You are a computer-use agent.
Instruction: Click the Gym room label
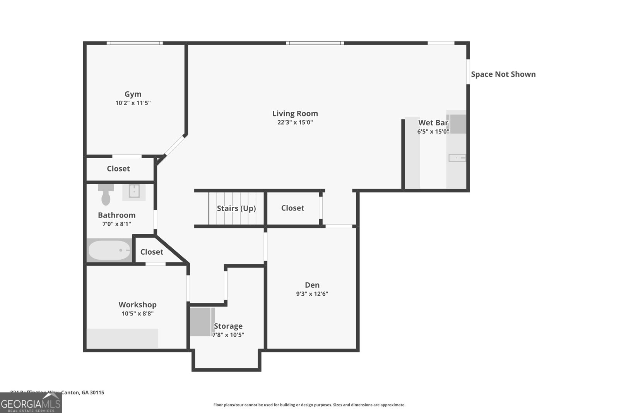(133, 94)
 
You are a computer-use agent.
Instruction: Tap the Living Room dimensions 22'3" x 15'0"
(295, 122)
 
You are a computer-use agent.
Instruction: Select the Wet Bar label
(433, 123)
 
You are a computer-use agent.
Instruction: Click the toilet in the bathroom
(105, 195)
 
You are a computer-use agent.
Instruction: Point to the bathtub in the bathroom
(109, 250)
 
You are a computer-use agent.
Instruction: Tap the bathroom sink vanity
(134, 192)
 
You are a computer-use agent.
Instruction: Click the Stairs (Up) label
(236, 208)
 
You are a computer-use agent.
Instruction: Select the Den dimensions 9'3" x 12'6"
(312, 294)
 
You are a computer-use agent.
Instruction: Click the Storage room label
(228, 326)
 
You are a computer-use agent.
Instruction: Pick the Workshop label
(137, 305)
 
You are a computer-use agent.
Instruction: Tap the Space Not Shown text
(503, 74)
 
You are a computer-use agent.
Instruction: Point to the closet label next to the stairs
(292, 208)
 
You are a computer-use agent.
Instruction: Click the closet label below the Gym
(118, 168)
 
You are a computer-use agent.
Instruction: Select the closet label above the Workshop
(152, 252)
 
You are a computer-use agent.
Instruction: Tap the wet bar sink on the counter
(457, 158)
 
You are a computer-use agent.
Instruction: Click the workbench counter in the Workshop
(122, 338)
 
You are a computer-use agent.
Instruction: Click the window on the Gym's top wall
(135, 43)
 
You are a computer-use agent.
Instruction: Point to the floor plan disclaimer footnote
(309, 405)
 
